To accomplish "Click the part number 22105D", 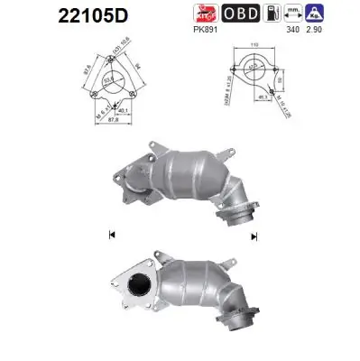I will click(56, 15).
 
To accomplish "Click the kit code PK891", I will click(205, 28).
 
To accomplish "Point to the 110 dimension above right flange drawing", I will click(256, 44).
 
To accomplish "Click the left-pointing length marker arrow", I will click(112, 235).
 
